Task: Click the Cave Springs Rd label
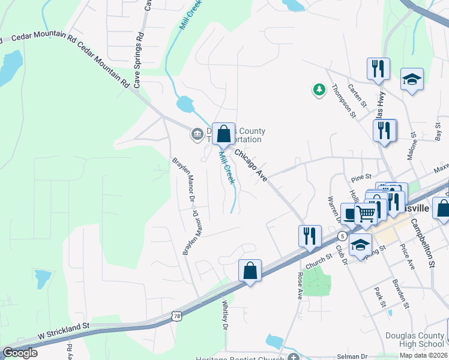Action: pyautogui.click(x=139, y=58)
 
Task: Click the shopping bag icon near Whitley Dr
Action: pyautogui.click(x=250, y=271)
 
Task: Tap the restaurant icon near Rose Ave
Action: pyautogui.click(x=310, y=236)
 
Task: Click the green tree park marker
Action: pyautogui.click(x=319, y=90)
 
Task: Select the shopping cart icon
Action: pyautogui.click(x=365, y=213)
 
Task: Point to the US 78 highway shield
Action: pyautogui.click(x=176, y=315)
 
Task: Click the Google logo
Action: pyautogui.click(x=20, y=353)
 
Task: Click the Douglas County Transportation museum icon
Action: pyautogui.click(x=197, y=134)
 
